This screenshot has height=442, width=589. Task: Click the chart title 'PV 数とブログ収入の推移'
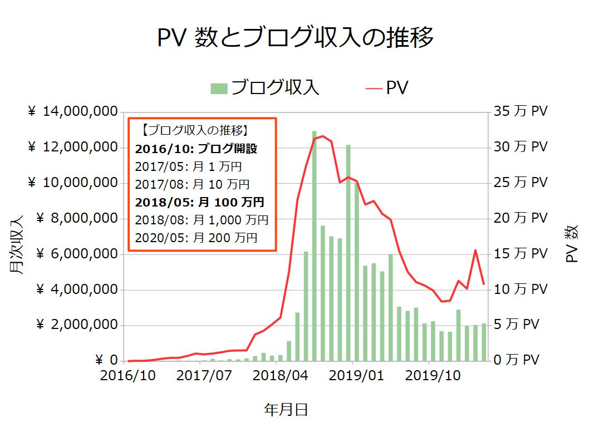[x=294, y=39]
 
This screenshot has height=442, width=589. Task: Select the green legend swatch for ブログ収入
[x=219, y=89]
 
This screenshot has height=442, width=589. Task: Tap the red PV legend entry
[x=387, y=88]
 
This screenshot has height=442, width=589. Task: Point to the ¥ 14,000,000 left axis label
[x=72, y=111]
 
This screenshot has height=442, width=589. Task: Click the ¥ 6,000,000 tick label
[x=72, y=254]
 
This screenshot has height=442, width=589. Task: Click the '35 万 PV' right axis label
[x=521, y=111]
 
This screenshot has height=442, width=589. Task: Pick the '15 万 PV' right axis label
[x=521, y=254]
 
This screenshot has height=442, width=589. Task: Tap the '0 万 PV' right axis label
[x=517, y=361]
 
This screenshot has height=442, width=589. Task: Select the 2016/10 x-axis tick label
[x=127, y=376]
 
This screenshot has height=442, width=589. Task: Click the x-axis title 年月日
[x=286, y=411]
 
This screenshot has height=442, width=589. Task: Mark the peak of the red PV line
[x=323, y=136]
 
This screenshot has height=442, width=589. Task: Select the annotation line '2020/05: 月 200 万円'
[x=196, y=238]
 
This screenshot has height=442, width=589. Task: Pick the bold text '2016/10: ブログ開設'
[x=196, y=149]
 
